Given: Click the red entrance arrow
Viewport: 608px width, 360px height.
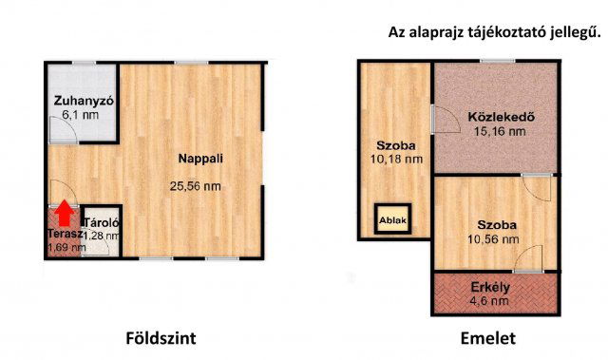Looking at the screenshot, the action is [x=65, y=213].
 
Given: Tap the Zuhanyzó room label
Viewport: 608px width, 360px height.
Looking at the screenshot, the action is [x=84, y=101].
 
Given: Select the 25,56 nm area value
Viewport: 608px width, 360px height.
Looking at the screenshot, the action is [x=195, y=186].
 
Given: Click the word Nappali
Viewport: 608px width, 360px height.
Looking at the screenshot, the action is [x=200, y=159].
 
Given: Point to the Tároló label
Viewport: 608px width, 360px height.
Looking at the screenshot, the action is [x=102, y=223].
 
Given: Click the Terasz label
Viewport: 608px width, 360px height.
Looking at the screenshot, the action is [x=66, y=234].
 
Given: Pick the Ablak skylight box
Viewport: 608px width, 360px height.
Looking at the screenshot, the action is [x=392, y=219].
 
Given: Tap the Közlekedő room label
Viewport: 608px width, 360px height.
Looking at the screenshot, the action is [x=501, y=116].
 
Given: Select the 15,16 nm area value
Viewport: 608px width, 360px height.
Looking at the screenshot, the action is [x=500, y=131].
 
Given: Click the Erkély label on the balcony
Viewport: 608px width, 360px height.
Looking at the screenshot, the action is [x=490, y=288].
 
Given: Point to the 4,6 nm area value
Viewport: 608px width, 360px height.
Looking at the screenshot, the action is [x=490, y=301].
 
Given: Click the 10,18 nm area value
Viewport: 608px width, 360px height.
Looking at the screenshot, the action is [x=396, y=160].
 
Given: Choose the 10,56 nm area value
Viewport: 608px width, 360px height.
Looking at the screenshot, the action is [x=493, y=239].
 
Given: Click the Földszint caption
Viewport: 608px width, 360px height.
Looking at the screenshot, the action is [x=161, y=338].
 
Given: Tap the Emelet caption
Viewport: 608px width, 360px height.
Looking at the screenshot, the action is [x=487, y=338].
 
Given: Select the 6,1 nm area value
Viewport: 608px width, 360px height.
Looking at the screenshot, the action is [x=80, y=115].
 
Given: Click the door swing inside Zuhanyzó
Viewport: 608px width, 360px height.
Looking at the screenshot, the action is [x=64, y=129].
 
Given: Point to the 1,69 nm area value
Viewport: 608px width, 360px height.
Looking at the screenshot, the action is [x=66, y=247].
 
